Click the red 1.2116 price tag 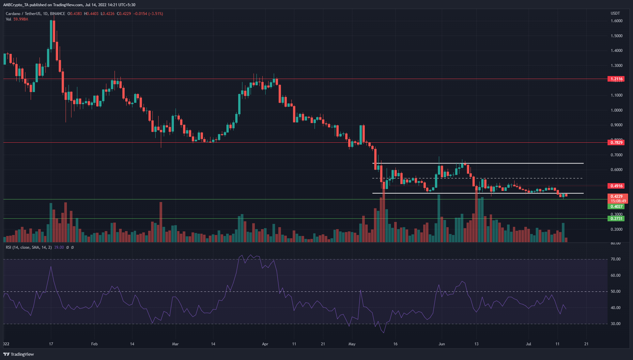click(x=616, y=79)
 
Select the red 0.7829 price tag click(x=616, y=143)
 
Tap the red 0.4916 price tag click(x=616, y=186)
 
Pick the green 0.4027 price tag click(x=616, y=206)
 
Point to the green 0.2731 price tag click(x=616, y=219)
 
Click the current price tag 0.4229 click(x=616, y=196)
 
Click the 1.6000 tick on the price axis click(x=616, y=21)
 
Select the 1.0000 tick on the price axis click(x=616, y=110)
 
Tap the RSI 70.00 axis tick click(x=615, y=259)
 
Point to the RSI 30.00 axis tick click(x=615, y=324)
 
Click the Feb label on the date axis click(x=94, y=344)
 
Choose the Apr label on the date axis click(x=265, y=344)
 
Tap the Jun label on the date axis click(x=441, y=344)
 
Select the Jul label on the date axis click(x=528, y=344)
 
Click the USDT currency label click(x=615, y=13)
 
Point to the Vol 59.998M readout click(x=17, y=19)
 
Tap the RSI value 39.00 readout click(x=59, y=247)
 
